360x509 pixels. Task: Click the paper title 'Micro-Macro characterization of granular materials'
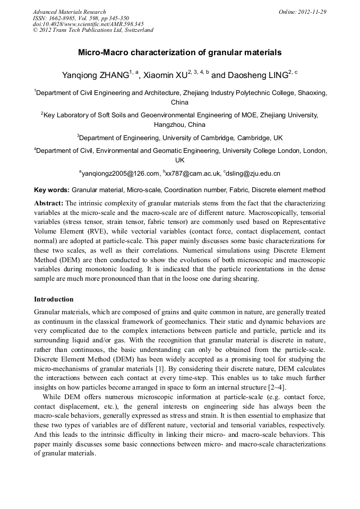(x=179, y=53)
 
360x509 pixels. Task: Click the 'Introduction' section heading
(x=54, y=300)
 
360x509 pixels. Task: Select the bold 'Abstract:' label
(x=48, y=203)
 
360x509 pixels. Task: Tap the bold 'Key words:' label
(x=52, y=189)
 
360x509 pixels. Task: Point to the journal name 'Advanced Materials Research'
(x=69, y=12)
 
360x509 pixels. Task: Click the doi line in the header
(x=88, y=24)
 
